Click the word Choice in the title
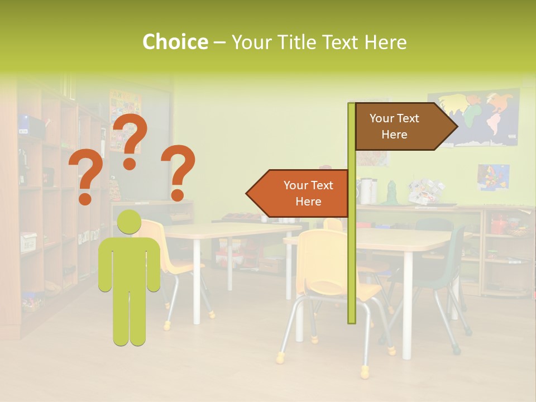tap(175, 42)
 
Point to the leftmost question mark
tap(85, 178)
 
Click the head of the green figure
tap(130, 222)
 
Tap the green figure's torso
tap(130, 265)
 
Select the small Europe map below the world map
tap(494, 177)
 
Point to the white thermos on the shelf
tap(365, 191)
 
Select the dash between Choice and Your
tap(219, 42)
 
